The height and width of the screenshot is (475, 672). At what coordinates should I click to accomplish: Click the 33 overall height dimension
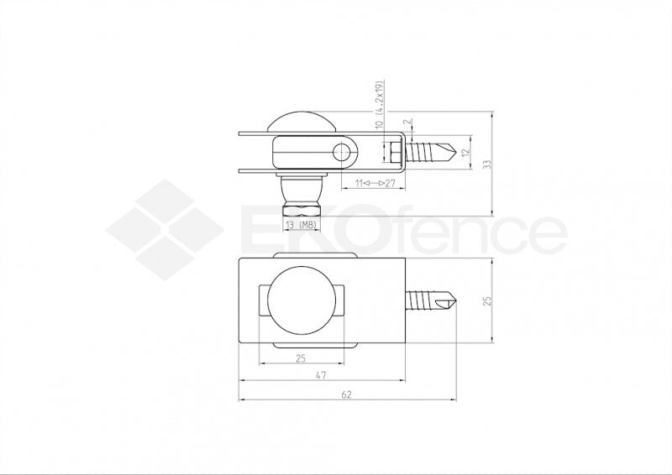tap(486, 164)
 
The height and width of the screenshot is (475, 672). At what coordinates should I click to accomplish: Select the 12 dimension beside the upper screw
tap(465, 153)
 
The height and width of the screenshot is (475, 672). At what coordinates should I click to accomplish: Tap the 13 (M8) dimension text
tap(300, 226)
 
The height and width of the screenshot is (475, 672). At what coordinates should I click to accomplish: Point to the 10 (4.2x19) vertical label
tap(380, 106)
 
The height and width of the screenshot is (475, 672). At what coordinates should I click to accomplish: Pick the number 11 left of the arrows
tap(358, 182)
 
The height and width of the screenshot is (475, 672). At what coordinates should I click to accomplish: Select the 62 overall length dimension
tap(347, 394)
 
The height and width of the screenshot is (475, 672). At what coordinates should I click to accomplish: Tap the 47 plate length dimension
tap(321, 378)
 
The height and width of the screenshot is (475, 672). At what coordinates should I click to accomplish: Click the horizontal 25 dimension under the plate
tap(300, 358)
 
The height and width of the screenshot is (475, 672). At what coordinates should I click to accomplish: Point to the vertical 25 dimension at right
tap(486, 300)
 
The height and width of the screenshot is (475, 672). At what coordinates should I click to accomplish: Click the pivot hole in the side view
tap(342, 152)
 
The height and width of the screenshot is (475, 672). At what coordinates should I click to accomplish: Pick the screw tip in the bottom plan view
tap(449, 300)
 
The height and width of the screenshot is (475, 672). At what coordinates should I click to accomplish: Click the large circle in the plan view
tap(301, 300)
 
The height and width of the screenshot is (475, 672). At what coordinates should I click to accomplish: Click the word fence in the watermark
tap(470, 232)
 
